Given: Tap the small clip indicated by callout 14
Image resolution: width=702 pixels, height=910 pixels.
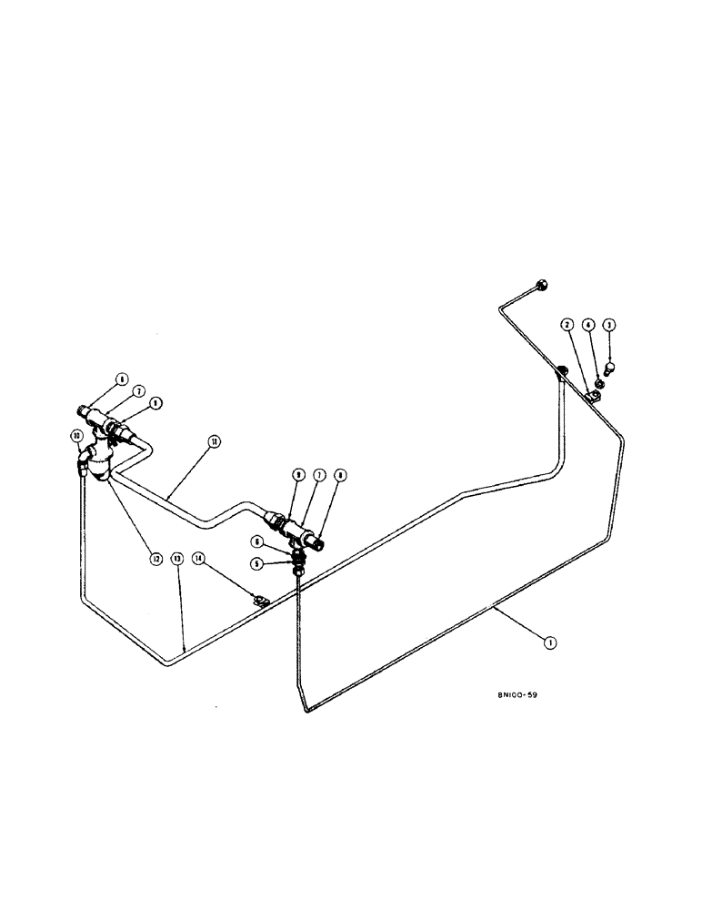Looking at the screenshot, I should tap(257, 599).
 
